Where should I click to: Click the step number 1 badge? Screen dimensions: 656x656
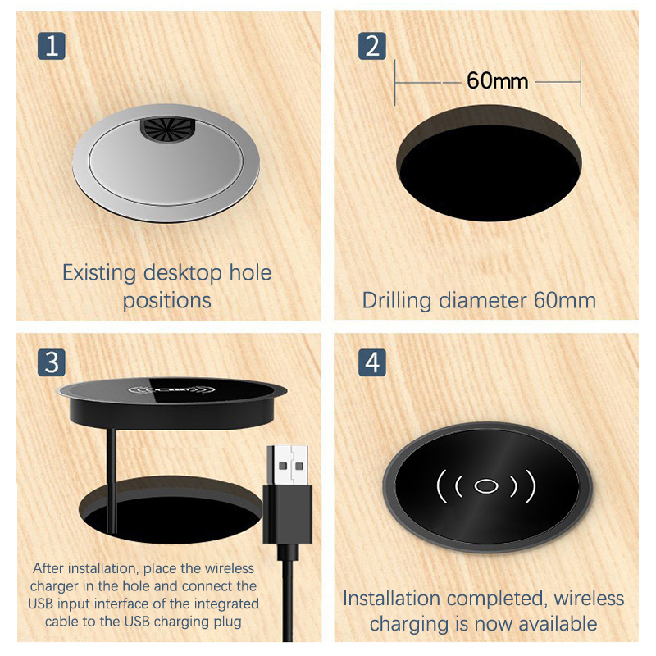coord(52,46)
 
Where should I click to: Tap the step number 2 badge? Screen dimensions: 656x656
coord(372,46)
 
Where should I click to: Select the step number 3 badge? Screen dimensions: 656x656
coord(52,362)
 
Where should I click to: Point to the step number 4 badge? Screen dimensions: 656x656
coord(372,362)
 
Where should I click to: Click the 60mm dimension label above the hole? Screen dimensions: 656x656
coord(498,80)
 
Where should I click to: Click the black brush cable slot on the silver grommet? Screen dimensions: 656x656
coord(167,129)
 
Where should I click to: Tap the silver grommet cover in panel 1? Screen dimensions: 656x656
coord(166,162)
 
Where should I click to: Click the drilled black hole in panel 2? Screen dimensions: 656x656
coord(489,163)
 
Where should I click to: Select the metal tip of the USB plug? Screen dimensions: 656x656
coord(288,465)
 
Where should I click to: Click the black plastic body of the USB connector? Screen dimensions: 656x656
coord(288,515)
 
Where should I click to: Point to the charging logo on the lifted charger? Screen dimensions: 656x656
coord(171,391)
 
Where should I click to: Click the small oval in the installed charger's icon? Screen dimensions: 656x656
coord(485,486)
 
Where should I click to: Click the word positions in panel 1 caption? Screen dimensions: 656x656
coord(167,301)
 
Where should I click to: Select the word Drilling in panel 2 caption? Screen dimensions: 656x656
coord(397,301)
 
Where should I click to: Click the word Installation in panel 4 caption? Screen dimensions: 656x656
coord(391,599)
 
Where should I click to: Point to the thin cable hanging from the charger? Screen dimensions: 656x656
coord(112,481)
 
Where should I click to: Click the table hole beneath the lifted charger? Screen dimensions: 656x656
coord(171,509)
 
